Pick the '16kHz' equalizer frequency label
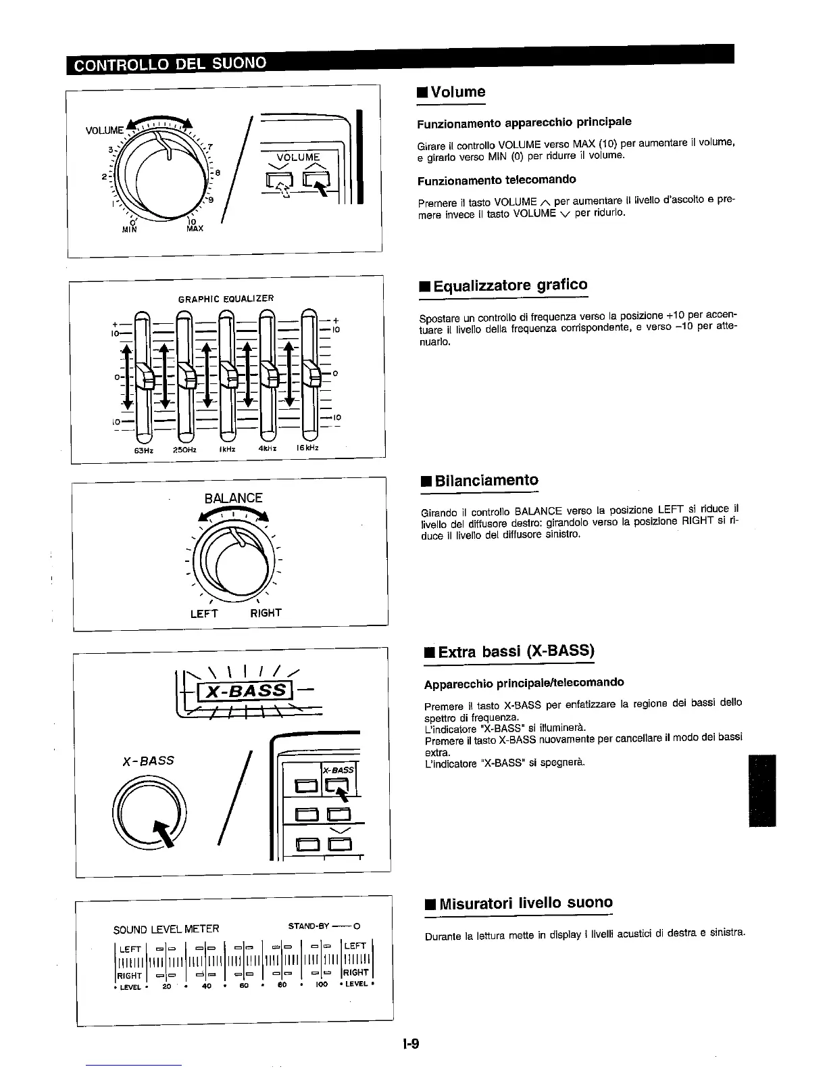307,448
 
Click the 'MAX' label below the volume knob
194,229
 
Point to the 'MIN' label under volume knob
128,229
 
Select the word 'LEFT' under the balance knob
204,613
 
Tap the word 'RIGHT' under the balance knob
266,613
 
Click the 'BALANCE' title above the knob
233,498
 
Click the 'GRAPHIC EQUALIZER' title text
226,298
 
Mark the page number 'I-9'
411,1044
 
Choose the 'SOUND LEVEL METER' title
166,929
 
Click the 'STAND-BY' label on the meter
309,924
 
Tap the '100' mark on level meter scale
322,985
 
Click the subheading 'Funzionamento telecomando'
497,180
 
